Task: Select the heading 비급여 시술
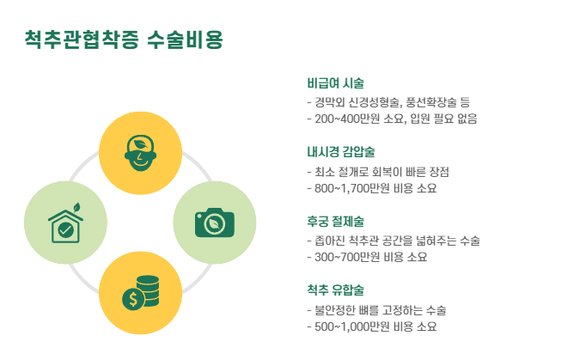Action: [335, 83]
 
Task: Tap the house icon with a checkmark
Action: [64, 227]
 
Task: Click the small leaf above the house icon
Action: [76, 207]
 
